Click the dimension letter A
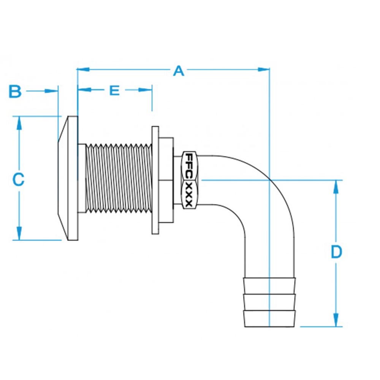click(x=179, y=71)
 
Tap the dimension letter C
click(x=18, y=179)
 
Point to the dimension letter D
click(x=336, y=252)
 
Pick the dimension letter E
click(x=114, y=90)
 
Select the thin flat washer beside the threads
click(x=155, y=180)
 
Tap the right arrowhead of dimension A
click(x=264, y=70)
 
